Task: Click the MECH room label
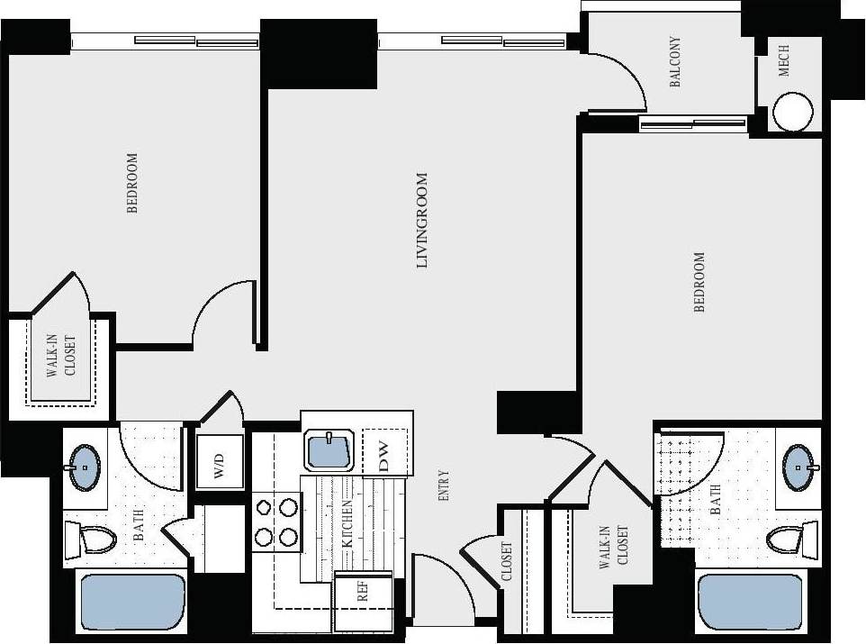(x=784, y=60)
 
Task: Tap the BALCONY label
(x=675, y=62)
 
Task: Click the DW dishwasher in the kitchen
(x=384, y=451)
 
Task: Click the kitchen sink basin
(x=331, y=450)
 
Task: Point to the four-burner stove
(x=275, y=522)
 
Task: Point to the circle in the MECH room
(x=793, y=112)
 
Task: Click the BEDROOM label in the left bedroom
(x=133, y=183)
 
